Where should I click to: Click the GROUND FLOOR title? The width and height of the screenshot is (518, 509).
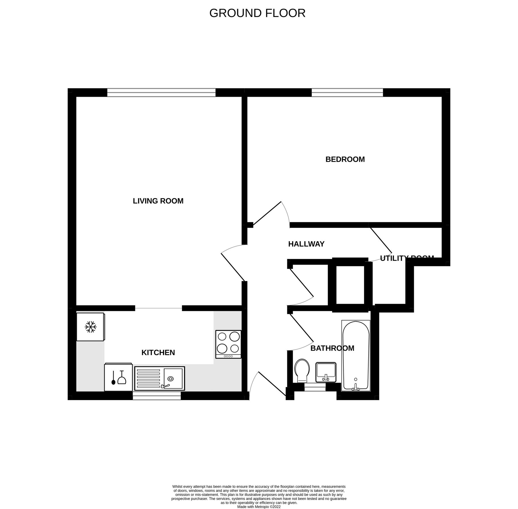pos(257,13)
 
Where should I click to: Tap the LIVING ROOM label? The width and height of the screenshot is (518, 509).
pos(158,201)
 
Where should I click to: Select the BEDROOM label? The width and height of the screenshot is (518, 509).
pos(345,159)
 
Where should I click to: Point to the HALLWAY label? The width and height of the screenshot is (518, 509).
pos(306,244)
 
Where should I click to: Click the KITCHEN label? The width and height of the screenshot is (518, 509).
pos(158,353)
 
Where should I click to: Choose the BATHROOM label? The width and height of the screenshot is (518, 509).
pos(332,348)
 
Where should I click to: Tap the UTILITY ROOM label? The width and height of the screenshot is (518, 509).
pos(406,258)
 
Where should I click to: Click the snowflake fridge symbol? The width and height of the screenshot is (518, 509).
pos(91,327)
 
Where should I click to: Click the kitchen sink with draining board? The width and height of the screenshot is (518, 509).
pos(159,378)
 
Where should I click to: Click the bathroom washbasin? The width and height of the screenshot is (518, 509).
pos(326,372)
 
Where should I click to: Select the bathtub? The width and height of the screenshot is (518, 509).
pos(356,356)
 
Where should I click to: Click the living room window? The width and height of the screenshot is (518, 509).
pos(161,92)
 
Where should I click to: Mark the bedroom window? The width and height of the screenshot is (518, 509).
pos(347,92)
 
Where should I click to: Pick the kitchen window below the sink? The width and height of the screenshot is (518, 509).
pos(157,396)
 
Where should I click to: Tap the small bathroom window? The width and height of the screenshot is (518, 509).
pos(315,387)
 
